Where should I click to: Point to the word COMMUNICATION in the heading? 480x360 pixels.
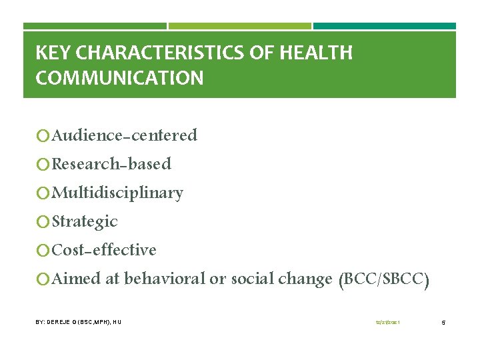pyautogui.click(x=119, y=78)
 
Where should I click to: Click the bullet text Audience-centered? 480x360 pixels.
pyautogui.click(x=125, y=135)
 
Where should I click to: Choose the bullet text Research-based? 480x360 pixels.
pyautogui.click(x=111, y=164)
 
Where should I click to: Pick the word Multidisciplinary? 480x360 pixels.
pyautogui.click(x=117, y=193)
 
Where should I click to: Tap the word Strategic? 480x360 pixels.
pyautogui.click(x=85, y=221)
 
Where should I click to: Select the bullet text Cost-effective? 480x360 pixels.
pyautogui.click(x=104, y=250)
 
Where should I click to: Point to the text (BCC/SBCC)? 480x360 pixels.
pyautogui.click(x=384, y=279)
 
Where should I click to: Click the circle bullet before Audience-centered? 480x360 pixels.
pyautogui.click(x=43, y=136)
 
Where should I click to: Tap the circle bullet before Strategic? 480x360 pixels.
pyautogui.click(x=43, y=222)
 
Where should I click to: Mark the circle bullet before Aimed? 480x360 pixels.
pyautogui.click(x=43, y=279)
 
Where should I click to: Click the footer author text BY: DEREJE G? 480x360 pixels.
pyautogui.click(x=78, y=322)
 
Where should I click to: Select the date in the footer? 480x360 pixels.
pyautogui.click(x=389, y=323)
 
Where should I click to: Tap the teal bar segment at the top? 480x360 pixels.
pyautogui.click(x=385, y=26)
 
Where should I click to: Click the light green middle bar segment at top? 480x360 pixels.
pyautogui.click(x=239, y=26)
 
